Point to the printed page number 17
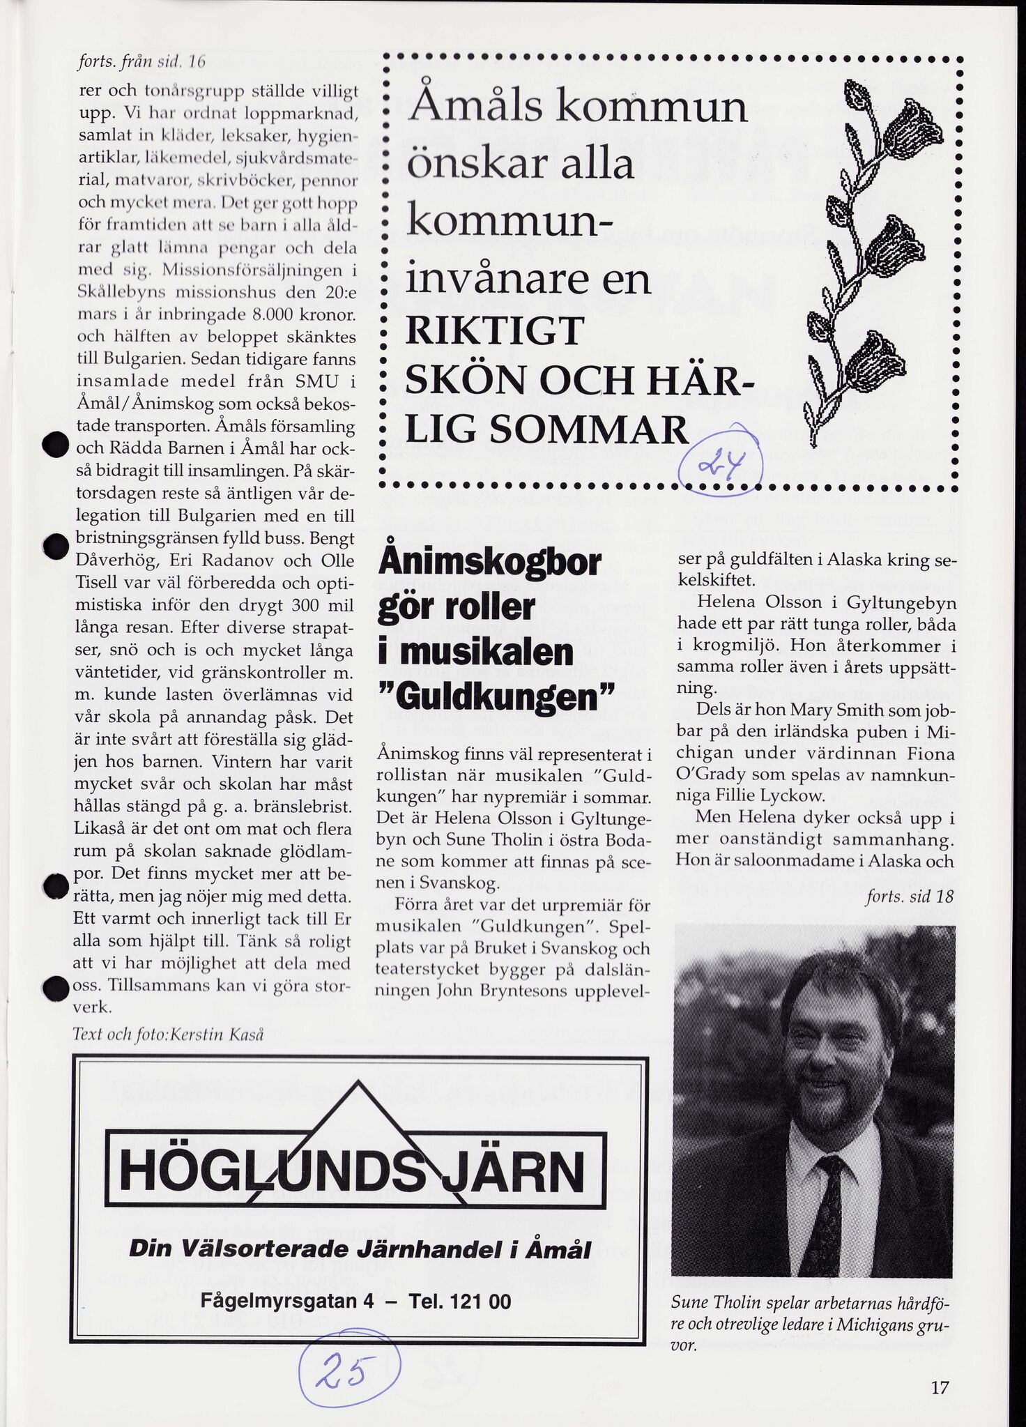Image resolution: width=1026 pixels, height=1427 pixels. (x=940, y=1387)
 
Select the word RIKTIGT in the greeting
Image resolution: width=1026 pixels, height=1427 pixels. (x=494, y=331)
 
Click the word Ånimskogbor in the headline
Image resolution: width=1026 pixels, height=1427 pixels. (x=490, y=563)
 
